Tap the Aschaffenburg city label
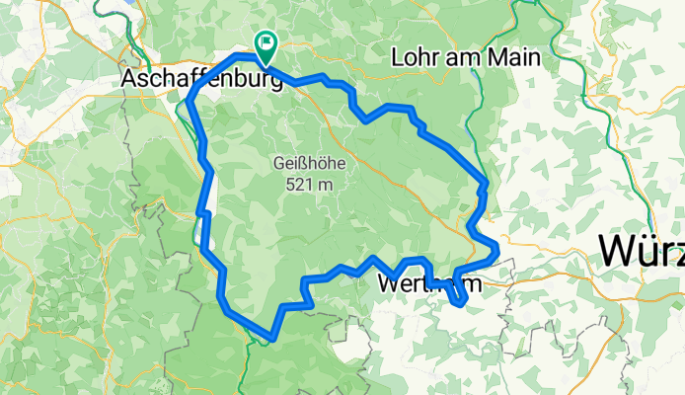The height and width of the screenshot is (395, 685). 201,78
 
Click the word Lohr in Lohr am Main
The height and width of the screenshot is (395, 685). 418,57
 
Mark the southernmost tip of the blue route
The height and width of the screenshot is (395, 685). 269,339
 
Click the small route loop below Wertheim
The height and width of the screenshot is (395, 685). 458,296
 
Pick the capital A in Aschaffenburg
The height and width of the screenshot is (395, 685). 128,78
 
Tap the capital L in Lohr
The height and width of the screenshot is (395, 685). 398,57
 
